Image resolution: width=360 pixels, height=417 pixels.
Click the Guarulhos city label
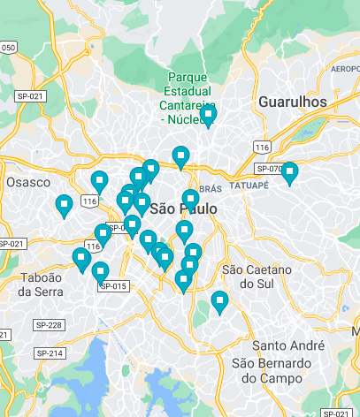pos(292,102)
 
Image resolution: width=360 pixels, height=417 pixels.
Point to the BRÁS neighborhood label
pos(210,189)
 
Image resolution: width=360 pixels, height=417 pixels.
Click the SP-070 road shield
pos(269,169)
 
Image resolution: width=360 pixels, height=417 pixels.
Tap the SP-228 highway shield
pos(50,325)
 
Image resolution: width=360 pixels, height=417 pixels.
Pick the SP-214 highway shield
pos(50,353)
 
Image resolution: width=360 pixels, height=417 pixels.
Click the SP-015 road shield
pos(113,285)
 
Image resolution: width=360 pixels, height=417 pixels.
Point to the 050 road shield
pos(8,47)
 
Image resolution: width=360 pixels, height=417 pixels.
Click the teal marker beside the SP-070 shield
pos(289,172)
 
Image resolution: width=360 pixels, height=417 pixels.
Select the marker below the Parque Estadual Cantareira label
pos(208,115)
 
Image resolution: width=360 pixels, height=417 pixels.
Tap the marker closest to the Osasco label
pos(64,205)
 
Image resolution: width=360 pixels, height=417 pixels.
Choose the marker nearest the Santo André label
pos(219,301)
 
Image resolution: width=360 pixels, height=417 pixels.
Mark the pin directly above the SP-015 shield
pos(100,271)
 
